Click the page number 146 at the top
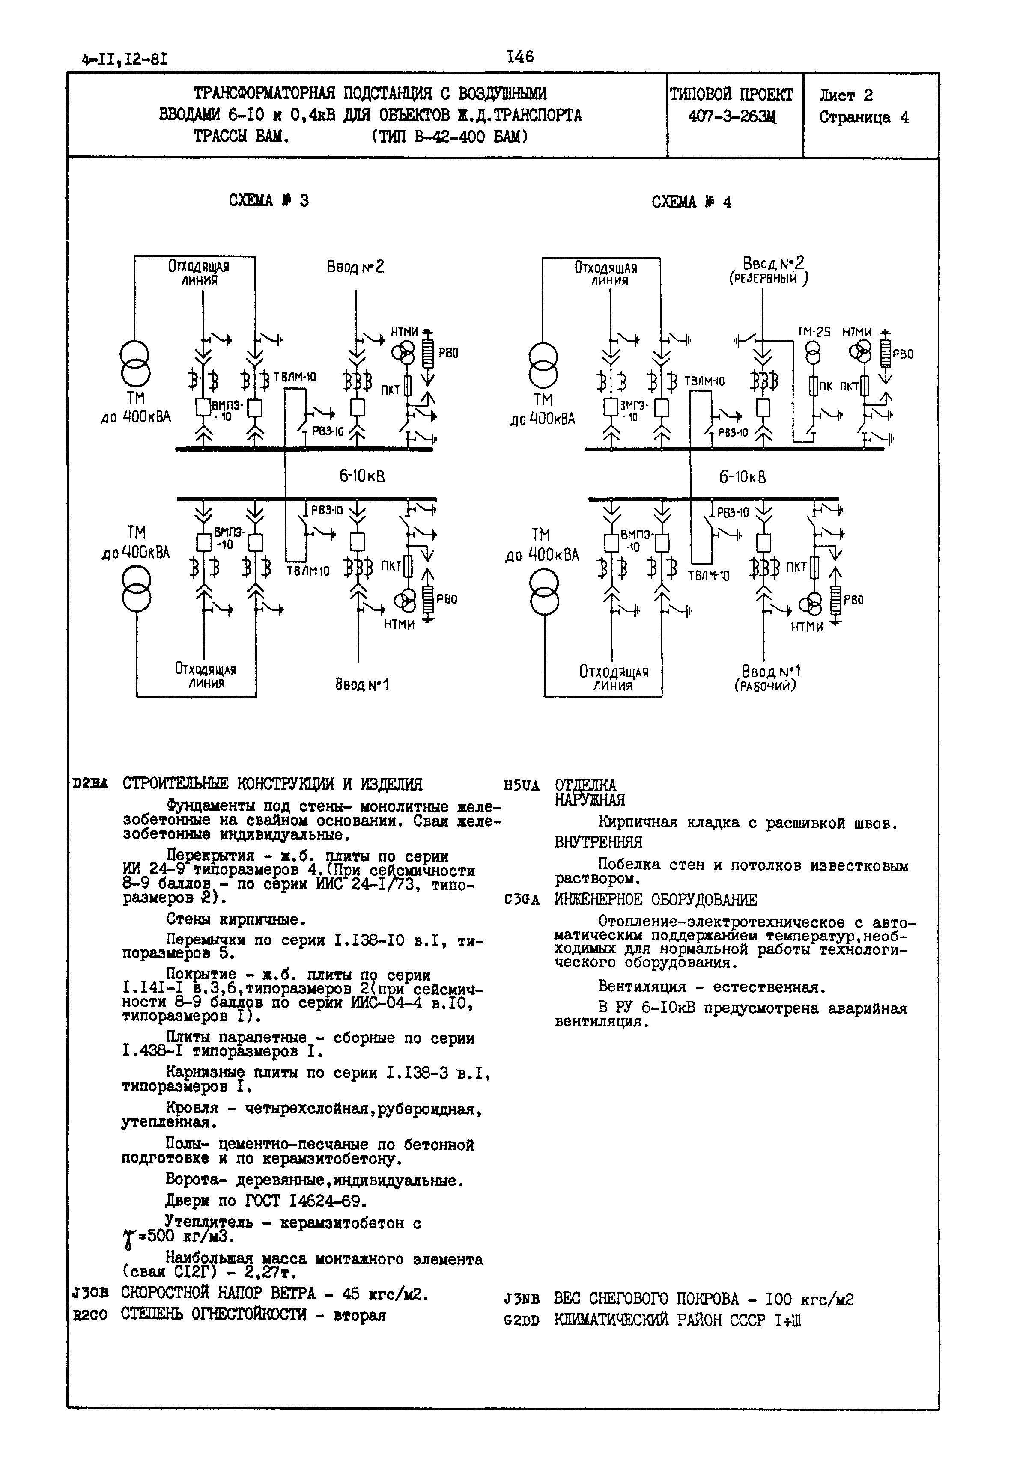tap(520, 57)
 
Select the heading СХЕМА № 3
tap(268, 201)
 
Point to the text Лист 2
tap(846, 95)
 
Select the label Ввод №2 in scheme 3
tap(355, 267)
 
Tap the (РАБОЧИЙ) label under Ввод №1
tap(765, 686)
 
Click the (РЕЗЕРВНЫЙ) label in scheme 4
tap(768, 279)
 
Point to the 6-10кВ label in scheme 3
tap(362, 476)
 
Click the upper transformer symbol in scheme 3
tap(136, 364)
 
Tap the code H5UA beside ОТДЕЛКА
tap(521, 786)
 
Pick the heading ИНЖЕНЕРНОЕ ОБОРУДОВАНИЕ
tap(656, 900)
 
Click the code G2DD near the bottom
tap(521, 1322)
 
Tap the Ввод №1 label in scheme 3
tap(362, 684)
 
